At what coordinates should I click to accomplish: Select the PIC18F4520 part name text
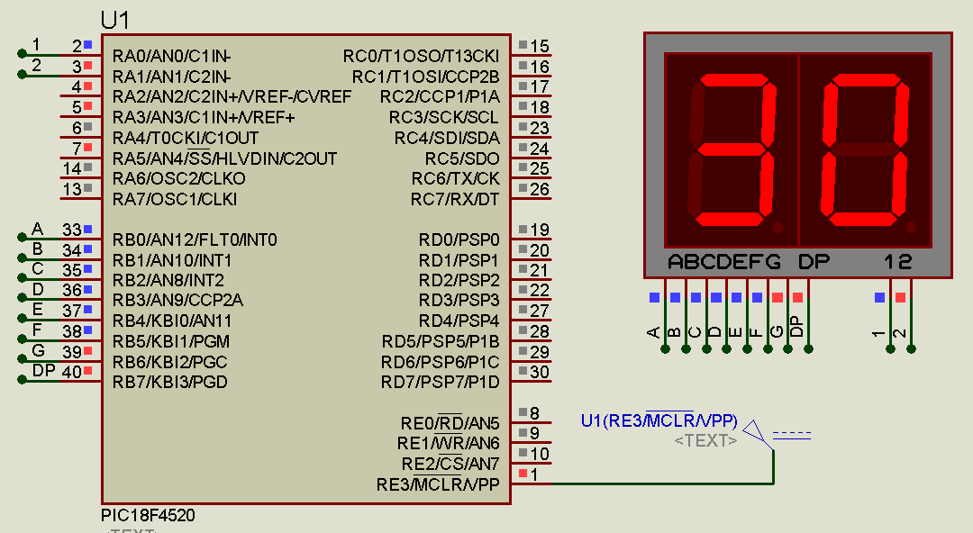coord(148,516)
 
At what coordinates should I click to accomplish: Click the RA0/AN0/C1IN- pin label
coord(171,56)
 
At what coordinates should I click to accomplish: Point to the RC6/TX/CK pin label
coord(455,178)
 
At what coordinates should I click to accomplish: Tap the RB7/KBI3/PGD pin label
coord(170,382)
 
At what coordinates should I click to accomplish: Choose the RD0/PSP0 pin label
coord(459,239)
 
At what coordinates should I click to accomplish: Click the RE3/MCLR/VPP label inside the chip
coord(438,485)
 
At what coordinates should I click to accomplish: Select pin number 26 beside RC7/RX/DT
coord(540,189)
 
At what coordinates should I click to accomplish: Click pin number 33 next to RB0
coord(71,230)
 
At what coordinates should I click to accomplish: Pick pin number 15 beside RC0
coord(540,46)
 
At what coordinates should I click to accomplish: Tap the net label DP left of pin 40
coord(43,370)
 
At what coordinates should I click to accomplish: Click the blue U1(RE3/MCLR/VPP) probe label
coord(659,420)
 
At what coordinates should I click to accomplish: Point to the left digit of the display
coord(732,150)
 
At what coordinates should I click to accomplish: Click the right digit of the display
coord(865,150)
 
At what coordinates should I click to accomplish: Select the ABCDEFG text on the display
coord(724,262)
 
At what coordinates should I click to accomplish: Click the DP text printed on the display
coord(814,262)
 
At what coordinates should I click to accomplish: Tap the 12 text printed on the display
coord(898,262)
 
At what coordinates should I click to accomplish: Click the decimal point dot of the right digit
coord(914,226)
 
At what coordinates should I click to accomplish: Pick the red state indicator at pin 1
coord(523,474)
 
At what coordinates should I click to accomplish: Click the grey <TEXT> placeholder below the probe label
coord(706,440)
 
